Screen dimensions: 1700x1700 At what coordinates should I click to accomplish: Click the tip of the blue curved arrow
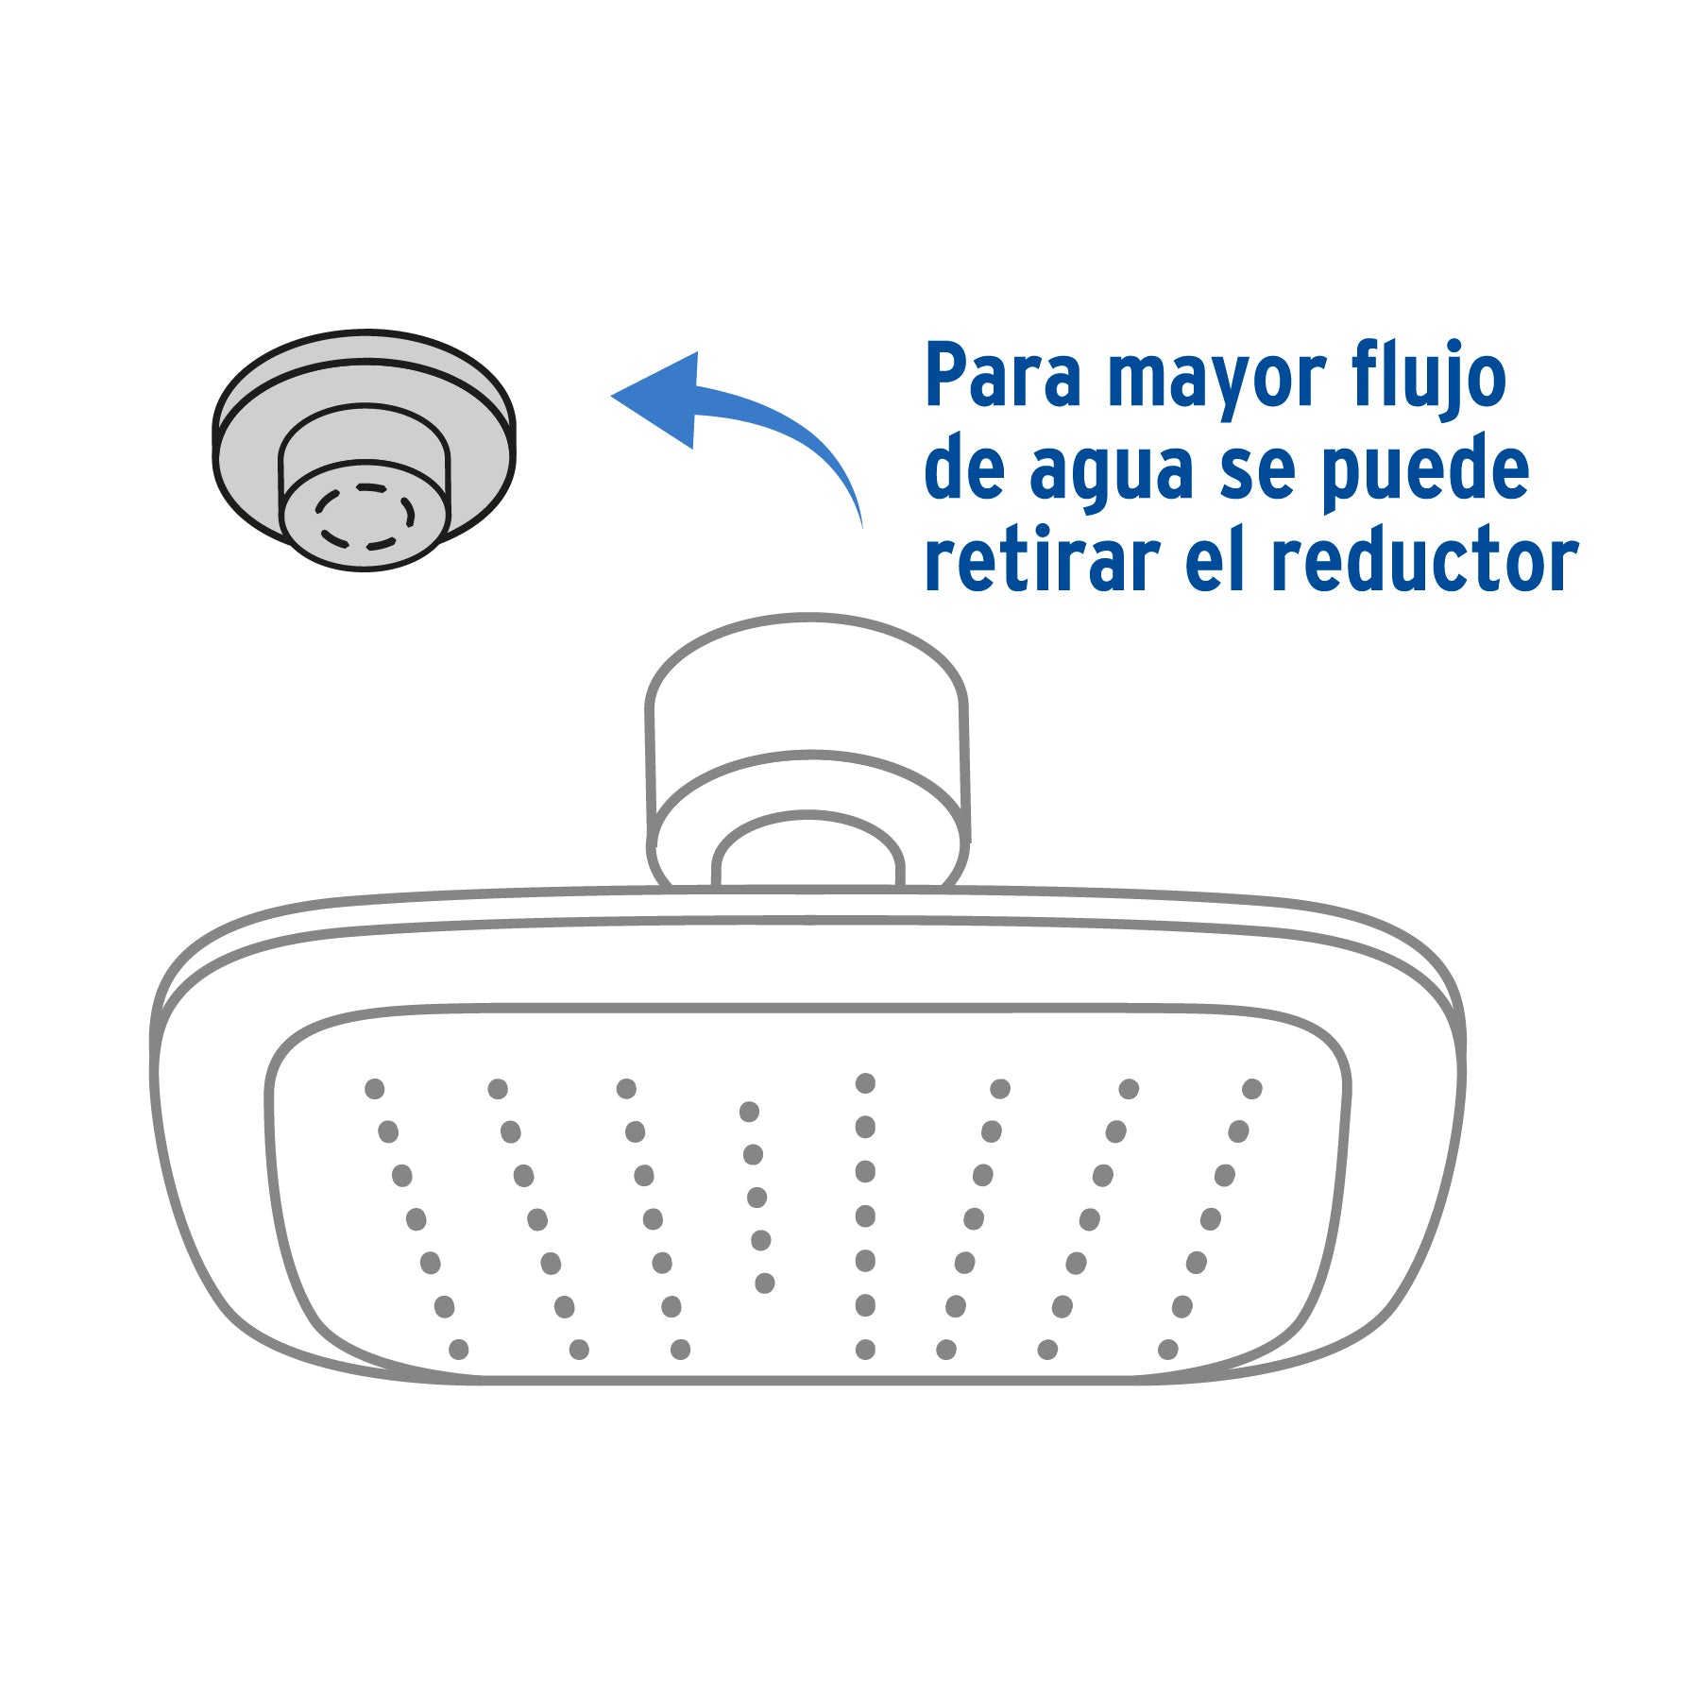612,397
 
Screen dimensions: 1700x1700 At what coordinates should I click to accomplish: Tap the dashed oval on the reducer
365,517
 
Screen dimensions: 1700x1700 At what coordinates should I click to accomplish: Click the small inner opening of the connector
808,850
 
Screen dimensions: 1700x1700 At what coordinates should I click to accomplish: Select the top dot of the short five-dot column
749,1112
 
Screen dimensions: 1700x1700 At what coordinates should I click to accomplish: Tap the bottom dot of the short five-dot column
765,1283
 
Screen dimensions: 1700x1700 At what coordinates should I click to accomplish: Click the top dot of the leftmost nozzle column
375,1089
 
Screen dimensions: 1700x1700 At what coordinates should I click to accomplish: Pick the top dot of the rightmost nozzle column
1252,1089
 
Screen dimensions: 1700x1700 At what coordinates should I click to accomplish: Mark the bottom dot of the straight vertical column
865,1350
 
